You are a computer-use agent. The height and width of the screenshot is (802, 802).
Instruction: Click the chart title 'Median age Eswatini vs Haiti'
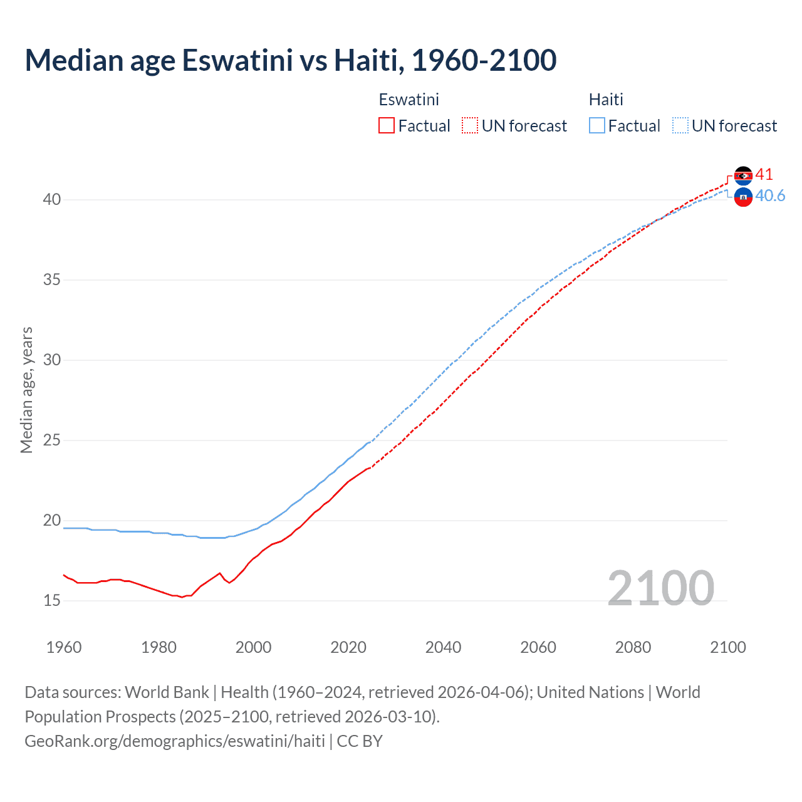pos(290,60)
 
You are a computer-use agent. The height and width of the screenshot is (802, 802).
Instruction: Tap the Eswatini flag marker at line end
pos(743,175)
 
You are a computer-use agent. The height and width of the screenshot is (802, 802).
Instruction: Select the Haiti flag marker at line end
pos(743,197)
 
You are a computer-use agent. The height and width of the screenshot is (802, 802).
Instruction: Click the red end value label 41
pos(764,175)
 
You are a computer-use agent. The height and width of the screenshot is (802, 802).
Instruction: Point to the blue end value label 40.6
pos(770,196)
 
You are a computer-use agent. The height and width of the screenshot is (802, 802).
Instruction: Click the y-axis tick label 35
pos(52,279)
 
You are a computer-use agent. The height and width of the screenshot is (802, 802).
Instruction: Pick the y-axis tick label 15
pos(52,600)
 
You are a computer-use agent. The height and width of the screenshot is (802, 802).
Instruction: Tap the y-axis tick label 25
pos(52,440)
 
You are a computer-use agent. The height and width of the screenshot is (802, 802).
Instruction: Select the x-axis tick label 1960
pos(64,647)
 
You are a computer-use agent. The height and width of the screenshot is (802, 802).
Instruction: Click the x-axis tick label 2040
pos(443,647)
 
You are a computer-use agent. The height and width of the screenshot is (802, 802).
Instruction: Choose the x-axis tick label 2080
pos(633,647)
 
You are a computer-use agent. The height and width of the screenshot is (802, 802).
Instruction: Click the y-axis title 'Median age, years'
pos(26,390)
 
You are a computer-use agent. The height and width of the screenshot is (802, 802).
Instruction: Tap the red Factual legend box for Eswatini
pos(387,126)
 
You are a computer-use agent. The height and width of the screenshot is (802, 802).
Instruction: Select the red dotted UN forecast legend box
pos(470,126)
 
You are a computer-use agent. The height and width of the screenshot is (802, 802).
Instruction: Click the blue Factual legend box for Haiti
pos(597,126)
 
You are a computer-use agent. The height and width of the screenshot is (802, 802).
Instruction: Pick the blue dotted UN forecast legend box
pos(680,126)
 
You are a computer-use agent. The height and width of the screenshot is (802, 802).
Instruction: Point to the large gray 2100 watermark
pos(660,588)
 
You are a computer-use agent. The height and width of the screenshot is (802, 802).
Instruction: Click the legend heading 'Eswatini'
pos(409,100)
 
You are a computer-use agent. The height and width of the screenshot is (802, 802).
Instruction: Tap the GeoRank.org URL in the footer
pos(175,741)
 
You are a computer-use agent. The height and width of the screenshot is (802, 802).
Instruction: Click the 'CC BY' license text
pos(360,741)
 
